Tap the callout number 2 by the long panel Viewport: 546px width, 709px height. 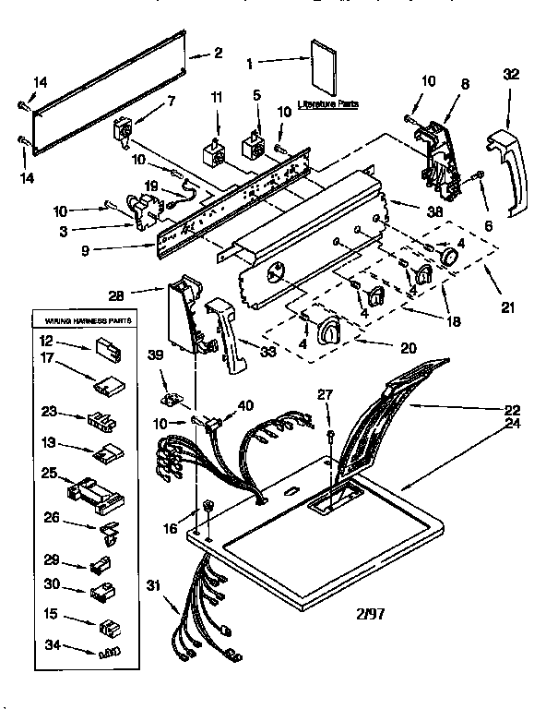218,54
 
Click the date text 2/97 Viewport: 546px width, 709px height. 367,613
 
